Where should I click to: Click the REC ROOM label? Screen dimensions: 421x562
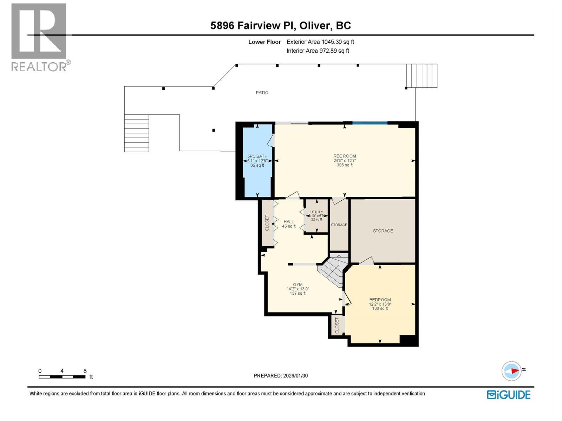click(345, 156)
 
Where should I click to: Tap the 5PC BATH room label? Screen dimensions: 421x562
click(257, 156)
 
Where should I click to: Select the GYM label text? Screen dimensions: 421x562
click(298, 285)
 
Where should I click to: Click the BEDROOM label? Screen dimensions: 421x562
click(380, 300)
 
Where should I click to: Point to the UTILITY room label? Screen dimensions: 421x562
click(316, 212)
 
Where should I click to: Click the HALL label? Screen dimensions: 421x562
click(288, 222)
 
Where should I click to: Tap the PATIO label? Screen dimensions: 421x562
click(262, 93)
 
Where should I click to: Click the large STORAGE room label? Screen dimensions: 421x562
click(383, 231)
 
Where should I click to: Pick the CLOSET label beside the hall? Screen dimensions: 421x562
click(267, 223)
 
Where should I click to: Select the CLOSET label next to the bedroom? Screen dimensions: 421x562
click(337, 326)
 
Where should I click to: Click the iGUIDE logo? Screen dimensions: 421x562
click(508, 395)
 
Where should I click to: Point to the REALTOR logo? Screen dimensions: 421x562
click(39, 37)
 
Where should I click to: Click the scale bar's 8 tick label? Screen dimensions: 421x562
click(85, 371)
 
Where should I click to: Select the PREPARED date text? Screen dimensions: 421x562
click(281, 375)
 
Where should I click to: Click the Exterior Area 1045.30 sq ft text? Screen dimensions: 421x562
click(320, 42)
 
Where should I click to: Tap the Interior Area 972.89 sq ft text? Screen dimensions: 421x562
click(318, 51)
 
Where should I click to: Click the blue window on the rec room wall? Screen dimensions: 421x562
click(370, 123)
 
